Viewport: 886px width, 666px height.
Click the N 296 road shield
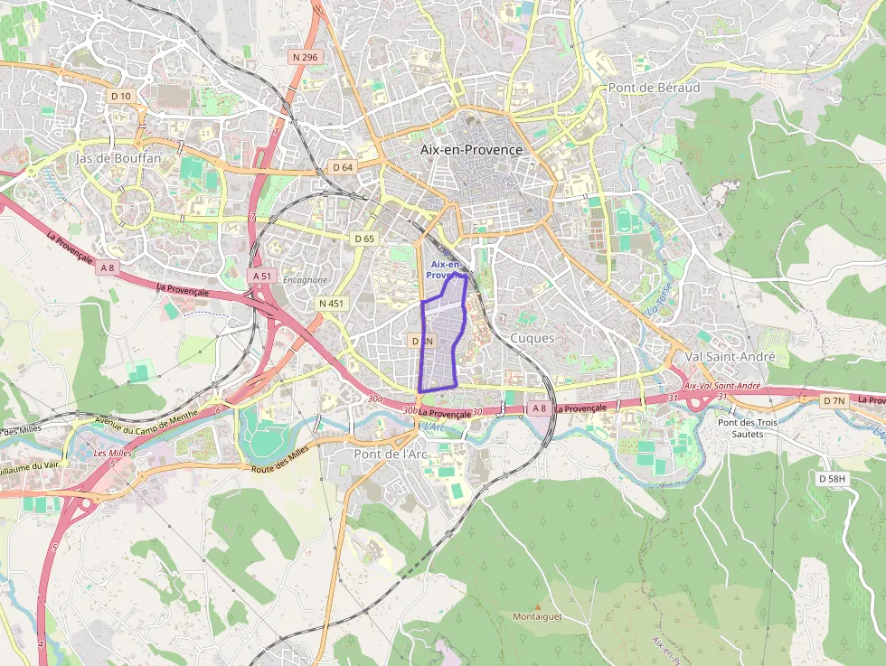click(x=306, y=57)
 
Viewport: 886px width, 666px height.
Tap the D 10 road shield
click(x=120, y=96)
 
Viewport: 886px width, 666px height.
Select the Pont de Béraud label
click(x=654, y=88)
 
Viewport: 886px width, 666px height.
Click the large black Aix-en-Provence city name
click(x=471, y=149)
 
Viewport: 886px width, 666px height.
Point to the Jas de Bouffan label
click(x=118, y=157)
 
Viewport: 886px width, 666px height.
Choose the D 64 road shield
click(x=342, y=167)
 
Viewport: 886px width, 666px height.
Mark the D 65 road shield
click(x=363, y=239)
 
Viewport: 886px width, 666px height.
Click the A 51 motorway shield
click(x=262, y=275)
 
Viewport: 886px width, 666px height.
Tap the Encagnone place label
click(x=305, y=280)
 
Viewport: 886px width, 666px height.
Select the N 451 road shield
click(x=331, y=304)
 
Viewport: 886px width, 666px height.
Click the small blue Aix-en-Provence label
click(x=447, y=269)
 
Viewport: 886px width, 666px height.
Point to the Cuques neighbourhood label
click(x=533, y=337)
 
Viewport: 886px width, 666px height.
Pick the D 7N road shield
click(x=834, y=400)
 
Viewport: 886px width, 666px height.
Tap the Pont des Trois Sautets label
click(x=740, y=428)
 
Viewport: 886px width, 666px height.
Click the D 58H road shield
click(x=833, y=477)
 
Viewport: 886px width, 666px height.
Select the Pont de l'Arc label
click(x=391, y=454)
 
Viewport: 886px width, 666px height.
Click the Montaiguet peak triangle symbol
click(x=538, y=606)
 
